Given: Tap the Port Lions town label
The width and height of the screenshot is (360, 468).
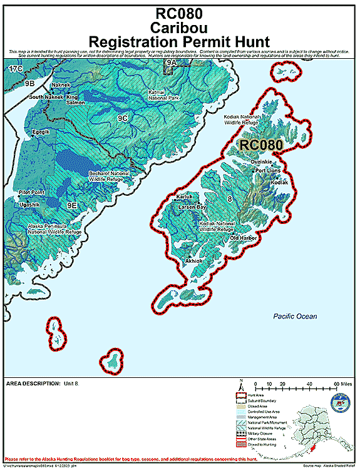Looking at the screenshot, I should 267,170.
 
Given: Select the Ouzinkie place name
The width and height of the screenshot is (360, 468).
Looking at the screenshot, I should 261,162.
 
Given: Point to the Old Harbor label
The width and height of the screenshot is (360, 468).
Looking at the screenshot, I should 243,238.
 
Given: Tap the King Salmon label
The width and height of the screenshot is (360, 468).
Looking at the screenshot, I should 72,100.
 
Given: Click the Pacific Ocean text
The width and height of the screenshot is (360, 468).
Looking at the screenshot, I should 295,317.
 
